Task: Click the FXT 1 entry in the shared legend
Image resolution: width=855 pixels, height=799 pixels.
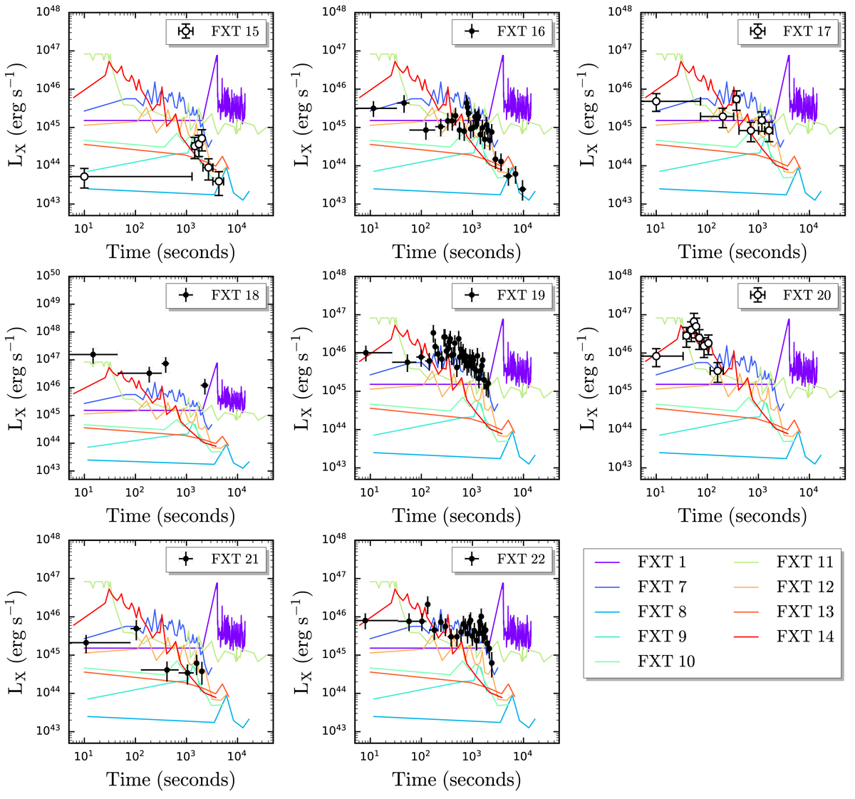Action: click(662, 562)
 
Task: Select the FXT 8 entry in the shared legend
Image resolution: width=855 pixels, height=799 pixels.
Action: click(662, 612)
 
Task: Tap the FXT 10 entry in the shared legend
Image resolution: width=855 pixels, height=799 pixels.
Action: click(666, 661)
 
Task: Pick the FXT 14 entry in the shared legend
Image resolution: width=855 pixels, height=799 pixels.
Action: click(805, 636)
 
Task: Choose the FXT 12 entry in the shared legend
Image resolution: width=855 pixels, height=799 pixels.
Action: click(805, 587)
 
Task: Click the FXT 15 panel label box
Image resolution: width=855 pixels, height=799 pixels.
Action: click(217, 31)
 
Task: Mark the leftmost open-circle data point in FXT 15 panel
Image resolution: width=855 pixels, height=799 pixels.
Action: click(84, 176)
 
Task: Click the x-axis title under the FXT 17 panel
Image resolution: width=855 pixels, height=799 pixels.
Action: click(742, 252)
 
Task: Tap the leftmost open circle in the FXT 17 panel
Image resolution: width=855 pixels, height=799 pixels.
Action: click(656, 102)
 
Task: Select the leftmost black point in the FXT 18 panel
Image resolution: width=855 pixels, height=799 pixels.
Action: click(93, 354)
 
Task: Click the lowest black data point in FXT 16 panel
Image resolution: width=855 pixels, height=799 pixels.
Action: click(522, 189)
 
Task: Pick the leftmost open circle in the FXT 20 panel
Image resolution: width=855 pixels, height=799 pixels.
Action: click(656, 356)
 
